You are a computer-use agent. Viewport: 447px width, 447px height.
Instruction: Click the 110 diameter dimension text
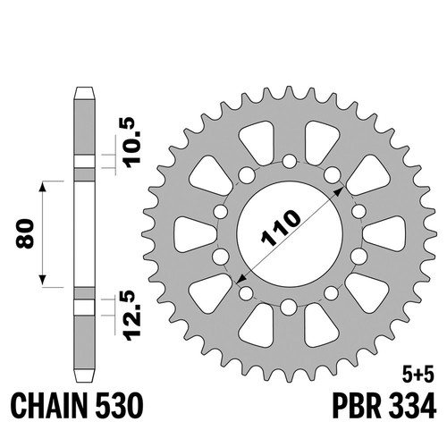281,229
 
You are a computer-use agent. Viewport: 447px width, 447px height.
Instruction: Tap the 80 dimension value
24,233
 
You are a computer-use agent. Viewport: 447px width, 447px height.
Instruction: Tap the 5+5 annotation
417,375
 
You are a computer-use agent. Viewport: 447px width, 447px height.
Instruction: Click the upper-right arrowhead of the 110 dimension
339,191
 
